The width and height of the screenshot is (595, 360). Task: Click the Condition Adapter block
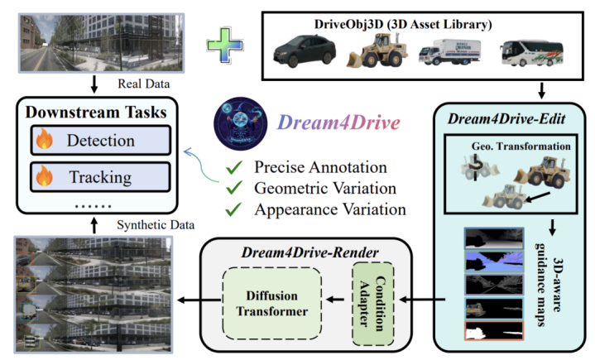pos(369,303)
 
